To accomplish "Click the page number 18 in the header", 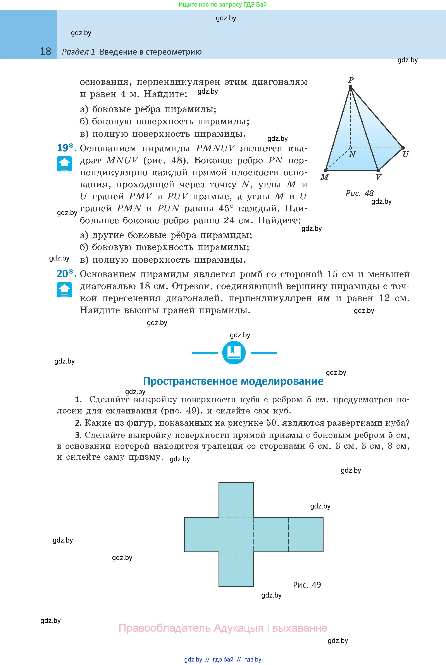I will pos(45,52).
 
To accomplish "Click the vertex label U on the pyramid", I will pos(406,154).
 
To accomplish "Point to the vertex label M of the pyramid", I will pos(324,177).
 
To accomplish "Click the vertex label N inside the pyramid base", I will pos(352,154).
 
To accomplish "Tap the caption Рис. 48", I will pos(360,193).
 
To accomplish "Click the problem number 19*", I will pos(67,148).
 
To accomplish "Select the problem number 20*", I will pos(67,274).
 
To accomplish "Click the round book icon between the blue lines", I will pos(234,353).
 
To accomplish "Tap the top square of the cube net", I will pos(236,500).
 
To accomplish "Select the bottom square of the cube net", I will pos(236,569).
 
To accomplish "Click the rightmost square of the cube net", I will pos(306,534).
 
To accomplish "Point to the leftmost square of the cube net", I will pos(201,534).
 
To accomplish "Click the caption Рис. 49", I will pos(307,585).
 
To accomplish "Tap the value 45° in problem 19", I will pos(226,208).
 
